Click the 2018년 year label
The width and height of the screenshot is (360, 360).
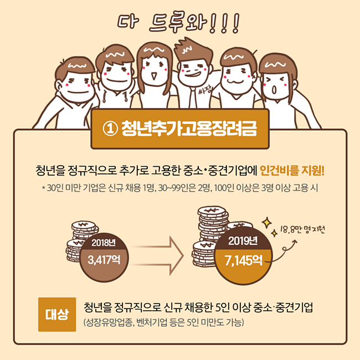point(104,243)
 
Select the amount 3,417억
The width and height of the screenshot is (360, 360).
point(104,260)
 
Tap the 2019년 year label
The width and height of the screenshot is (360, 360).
point(243,241)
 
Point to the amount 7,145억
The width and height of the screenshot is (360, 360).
point(243,260)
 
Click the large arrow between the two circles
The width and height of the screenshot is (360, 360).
point(158,256)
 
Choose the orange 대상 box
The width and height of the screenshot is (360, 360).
point(57,315)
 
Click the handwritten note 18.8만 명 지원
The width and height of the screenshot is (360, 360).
point(302,229)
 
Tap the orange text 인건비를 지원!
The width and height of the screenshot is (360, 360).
point(292,171)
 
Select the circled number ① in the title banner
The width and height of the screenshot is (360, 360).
point(110,128)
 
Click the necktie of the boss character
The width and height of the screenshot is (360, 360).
point(193,98)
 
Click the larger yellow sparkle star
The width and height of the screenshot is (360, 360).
point(267,223)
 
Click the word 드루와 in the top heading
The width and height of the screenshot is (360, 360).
point(178,22)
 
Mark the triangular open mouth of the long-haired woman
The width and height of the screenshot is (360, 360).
point(154,75)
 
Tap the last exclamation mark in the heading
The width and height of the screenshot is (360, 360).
point(236,23)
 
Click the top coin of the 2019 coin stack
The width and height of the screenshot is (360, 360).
point(212,210)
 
